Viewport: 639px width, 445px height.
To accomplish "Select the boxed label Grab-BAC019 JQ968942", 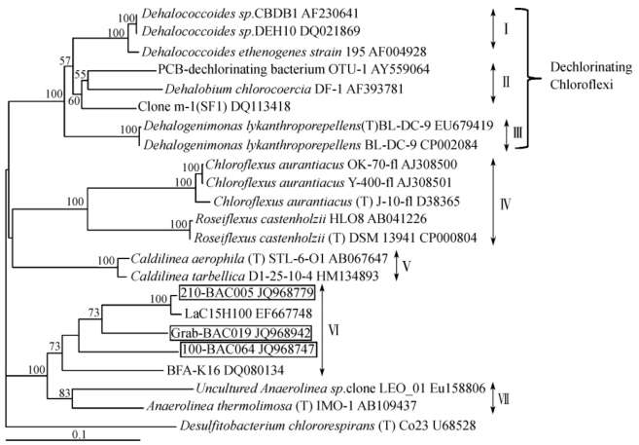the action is [232, 331].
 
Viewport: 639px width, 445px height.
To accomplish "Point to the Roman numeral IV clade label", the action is [505, 206].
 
